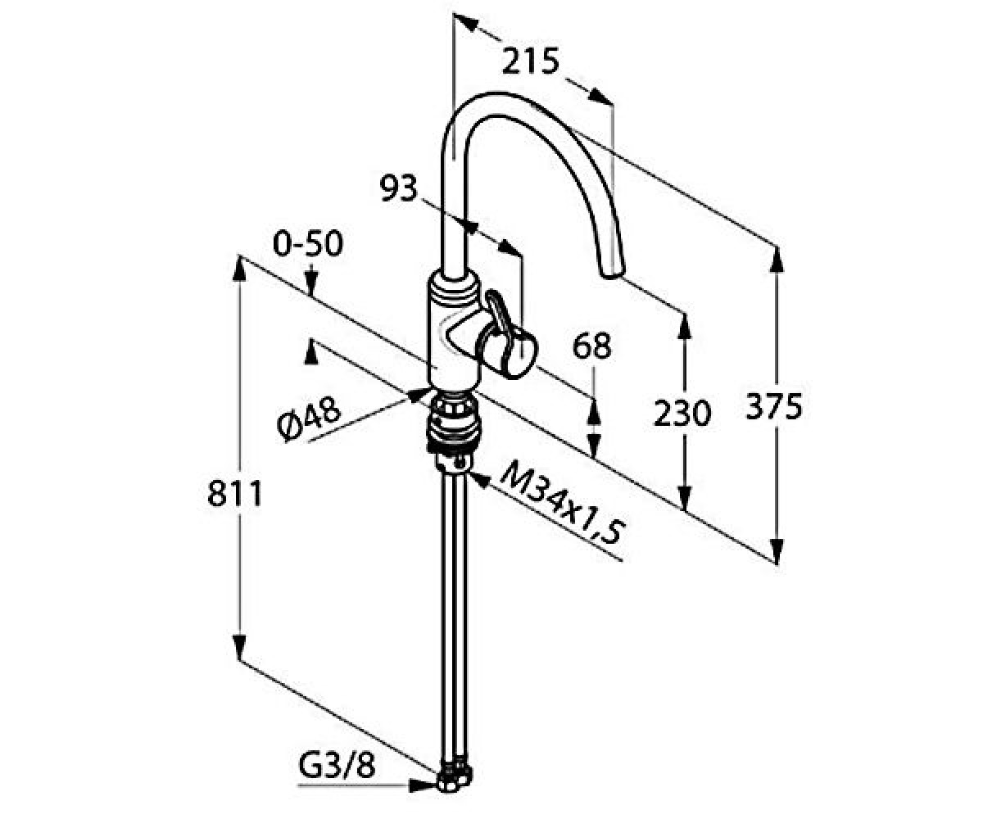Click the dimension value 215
tap(531, 61)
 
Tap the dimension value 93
tap(399, 188)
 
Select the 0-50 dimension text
tap(308, 244)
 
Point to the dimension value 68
tap(591, 346)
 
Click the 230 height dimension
tap(682, 414)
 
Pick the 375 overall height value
tap(773, 406)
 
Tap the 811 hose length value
tap(234, 494)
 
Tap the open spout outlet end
tap(612, 272)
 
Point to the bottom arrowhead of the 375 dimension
tap(777, 549)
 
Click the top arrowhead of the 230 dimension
tap(684, 327)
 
